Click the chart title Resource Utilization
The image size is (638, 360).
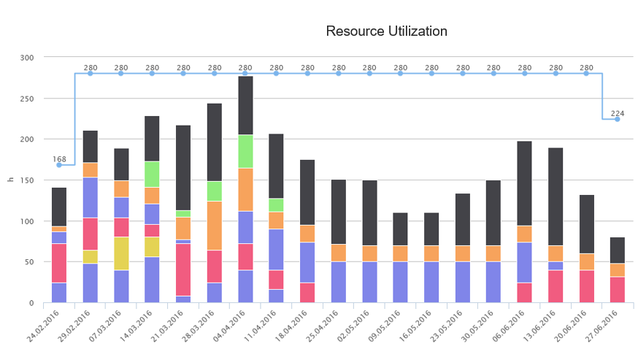(x=386, y=31)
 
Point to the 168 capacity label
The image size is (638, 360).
(x=59, y=158)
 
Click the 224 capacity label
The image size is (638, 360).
(x=618, y=113)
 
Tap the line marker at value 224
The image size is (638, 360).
(x=618, y=119)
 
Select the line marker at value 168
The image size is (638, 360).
(x=59, y=165)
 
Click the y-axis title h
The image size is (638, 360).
(x=9, y=180)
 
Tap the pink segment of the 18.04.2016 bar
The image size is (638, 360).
(x=307, y=292)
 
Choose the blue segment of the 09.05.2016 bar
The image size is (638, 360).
(x=401, y=282)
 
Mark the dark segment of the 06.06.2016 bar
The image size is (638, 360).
(x=525, y=183)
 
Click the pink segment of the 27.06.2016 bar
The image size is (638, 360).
(x=618, y=289)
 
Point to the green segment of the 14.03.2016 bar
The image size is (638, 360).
(x=153, y=174)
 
